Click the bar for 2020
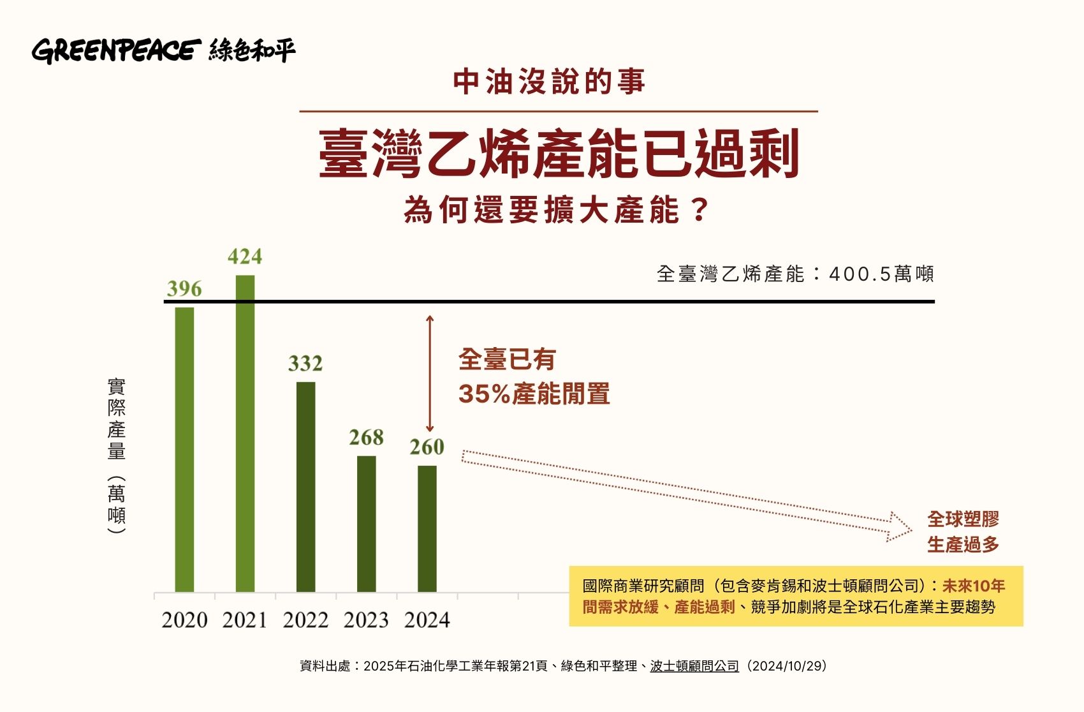tap(184, 450)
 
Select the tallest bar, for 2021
tap(245, 434)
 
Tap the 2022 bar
tap(305, 487)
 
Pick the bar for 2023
tap(366, 524)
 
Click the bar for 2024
tap(427, 529)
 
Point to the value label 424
tap(245, 256)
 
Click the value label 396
tap(184, 289)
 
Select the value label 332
tap(305, 364)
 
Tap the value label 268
tap(366, 438)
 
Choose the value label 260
tap(427, 447)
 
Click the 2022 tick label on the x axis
tap(305, 620)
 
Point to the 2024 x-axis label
tap(427, 620)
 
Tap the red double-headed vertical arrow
tap(430, 374)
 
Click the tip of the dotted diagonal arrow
tap(911, 528)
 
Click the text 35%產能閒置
tap(534, 394)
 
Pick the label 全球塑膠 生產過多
tap(963, 531)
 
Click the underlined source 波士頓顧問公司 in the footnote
tap(694, 666)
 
